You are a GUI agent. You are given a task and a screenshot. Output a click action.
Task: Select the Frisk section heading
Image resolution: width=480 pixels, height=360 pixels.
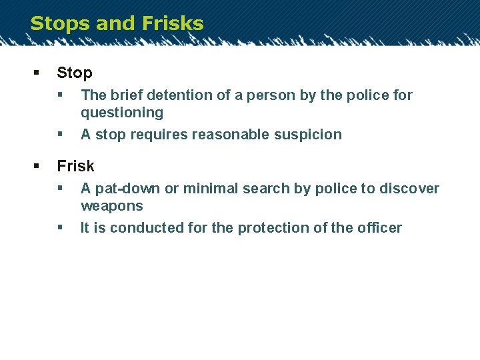[x=75, y=166]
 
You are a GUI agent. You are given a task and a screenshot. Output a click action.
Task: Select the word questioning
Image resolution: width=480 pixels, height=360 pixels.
[x=122, y=113]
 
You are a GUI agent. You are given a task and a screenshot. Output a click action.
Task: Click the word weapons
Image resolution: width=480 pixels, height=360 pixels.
[x=112, y=206]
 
